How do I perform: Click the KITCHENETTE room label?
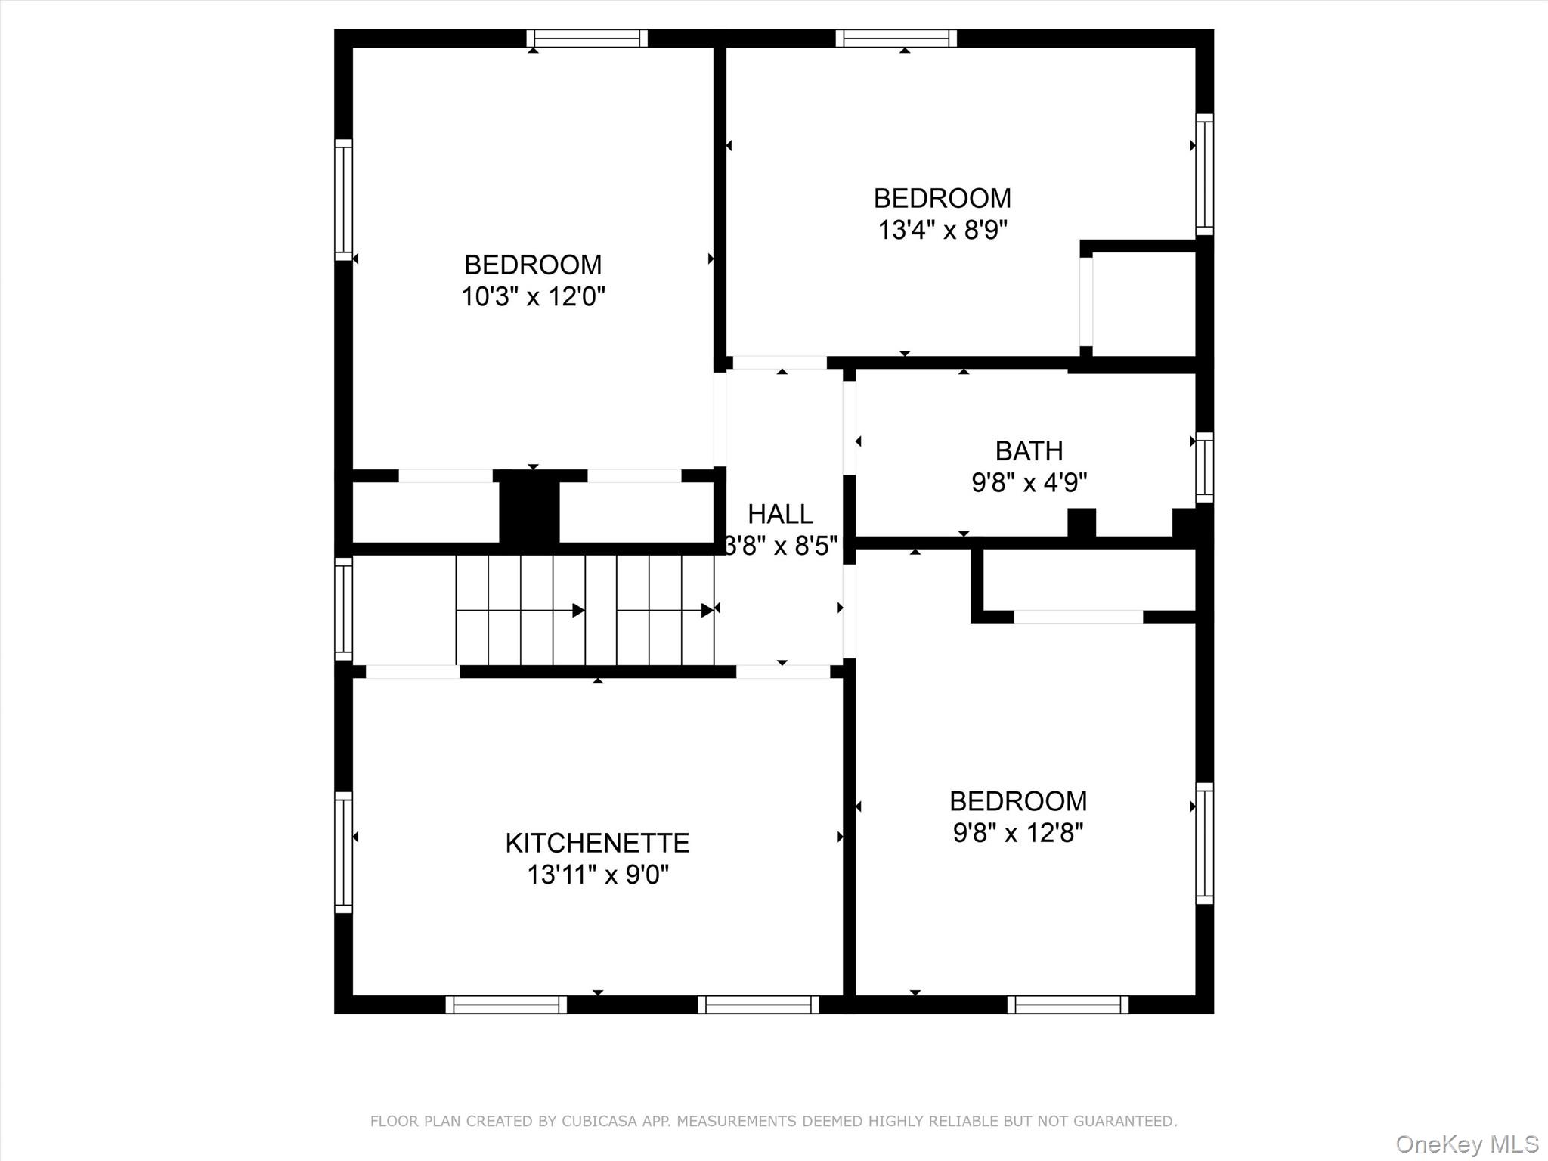[x=597, y=842]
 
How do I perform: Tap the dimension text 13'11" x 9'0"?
[x=597, y=875]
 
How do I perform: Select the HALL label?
[x=780, y=514]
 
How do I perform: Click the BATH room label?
[x=1029, y=450]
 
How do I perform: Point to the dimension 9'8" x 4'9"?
[x=1029, y=481]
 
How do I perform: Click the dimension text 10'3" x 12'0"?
[x=533, y=296]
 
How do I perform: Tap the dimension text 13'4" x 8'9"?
[x=943, y=230]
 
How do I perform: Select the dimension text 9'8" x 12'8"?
[x=1018, y=832]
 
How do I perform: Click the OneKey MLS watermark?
[x=1467, y=1144]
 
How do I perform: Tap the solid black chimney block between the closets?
[x=529, y=506]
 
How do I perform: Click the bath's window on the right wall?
[x=1204, y=467]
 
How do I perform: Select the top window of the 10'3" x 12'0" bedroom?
[x=587, y=39]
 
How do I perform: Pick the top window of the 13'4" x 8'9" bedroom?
[x=896, y=39]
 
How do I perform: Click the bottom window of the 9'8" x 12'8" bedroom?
[x=1067, y=1005]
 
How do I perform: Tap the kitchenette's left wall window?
[x=343, y=852]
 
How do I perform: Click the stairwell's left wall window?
[x=343, y=608]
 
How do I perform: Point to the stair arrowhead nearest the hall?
[x=707, y=610]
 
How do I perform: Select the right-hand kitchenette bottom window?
[x=758, y=1005]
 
